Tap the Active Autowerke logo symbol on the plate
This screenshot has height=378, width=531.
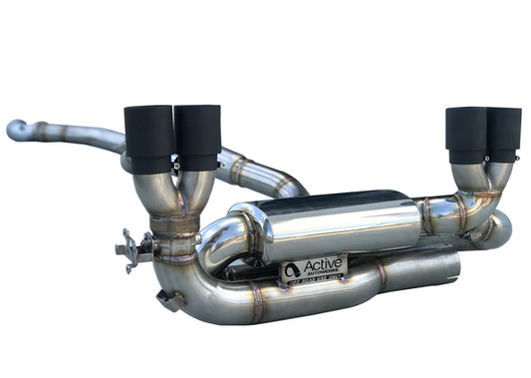point(292,269)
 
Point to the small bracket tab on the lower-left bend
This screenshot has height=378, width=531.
point(169,298)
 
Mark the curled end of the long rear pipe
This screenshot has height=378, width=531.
point(15,130)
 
